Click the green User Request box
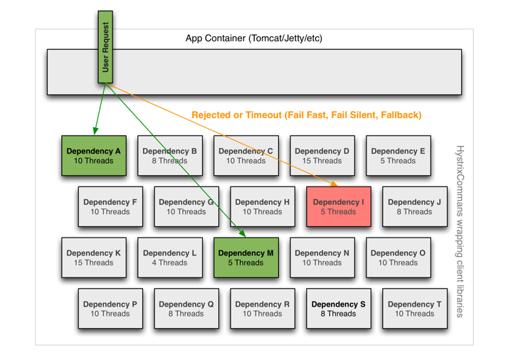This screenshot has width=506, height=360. (x=105, y=47)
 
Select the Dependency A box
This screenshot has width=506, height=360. (x=93, y=156)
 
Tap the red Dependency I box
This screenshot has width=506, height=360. (x=338, y=206)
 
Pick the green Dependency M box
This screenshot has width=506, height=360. (x=246, y=258)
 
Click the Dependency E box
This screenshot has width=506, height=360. (x=398, y=156)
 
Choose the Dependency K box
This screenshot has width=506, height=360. (x=93, y=258)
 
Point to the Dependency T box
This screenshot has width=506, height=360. (x=414, y=308)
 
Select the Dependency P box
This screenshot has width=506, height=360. (x=110, y=308)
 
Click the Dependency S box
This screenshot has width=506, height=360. (x=338, y=308)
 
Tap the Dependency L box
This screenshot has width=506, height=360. (x=169, y=258)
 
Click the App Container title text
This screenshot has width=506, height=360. (x=253, y=38)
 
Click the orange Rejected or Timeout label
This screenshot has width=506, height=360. (x=306, y=115)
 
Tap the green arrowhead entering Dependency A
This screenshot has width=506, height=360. (x=95, y=131)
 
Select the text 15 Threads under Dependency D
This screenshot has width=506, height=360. (x=322, y=161)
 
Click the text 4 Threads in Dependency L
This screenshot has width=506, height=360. (x=169, y=263)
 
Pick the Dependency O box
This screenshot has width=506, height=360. (x=398, y=258)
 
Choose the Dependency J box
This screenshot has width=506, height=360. (x=414, y=206)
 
